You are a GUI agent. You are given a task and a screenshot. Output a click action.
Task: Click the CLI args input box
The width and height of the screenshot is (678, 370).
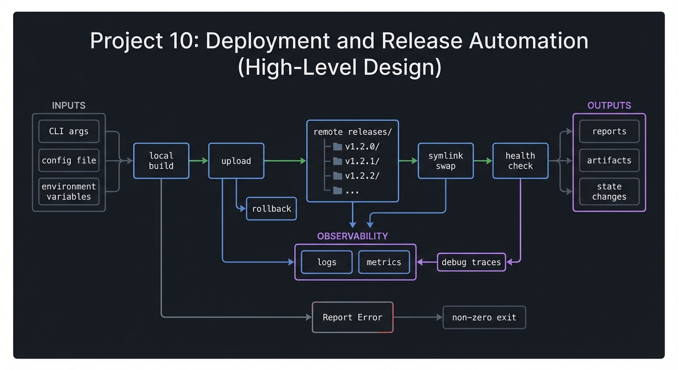click(x=69, y=131)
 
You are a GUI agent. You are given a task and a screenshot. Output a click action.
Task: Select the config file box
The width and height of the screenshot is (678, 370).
click(x=69, y=160)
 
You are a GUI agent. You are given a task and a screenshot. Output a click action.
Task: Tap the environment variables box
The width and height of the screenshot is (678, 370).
click(x=69, y=192)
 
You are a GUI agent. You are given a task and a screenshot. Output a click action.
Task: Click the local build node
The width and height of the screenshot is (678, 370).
click(x=161, y=161)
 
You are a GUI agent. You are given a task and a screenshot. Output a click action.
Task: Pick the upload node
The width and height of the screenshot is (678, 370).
click(x=236, y=161)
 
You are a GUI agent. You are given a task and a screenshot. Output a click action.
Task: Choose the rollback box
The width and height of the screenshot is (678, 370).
click(x=271, y=209)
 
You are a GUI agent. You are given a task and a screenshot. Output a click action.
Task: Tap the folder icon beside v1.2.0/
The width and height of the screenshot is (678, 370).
click(x=338, y=146)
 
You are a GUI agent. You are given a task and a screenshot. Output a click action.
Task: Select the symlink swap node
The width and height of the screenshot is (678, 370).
click(x=445, y=161)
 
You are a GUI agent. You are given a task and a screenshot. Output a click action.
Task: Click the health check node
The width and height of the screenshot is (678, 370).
click(x=520, y=161)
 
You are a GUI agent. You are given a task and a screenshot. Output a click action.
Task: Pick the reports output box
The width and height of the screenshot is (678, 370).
click(x=609, y=132)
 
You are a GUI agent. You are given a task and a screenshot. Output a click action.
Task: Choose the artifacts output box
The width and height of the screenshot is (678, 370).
click(x=609, y=160)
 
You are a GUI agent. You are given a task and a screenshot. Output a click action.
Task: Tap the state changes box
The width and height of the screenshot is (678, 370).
click(x=609, y=192)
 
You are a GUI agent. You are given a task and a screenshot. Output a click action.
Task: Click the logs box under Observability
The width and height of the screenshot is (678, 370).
click(x=326, y=262)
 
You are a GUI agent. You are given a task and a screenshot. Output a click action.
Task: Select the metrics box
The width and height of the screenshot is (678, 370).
click(x=384, y=262)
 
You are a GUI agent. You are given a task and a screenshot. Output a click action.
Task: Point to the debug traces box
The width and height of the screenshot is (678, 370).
click(x=471, y=262)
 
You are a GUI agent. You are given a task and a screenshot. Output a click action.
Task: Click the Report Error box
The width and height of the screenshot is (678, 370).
click(x=352, y=317)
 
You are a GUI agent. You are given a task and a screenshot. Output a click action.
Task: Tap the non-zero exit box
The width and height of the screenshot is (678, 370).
click(x=484, y=317)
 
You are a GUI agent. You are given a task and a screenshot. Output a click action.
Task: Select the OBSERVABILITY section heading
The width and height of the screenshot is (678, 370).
click(x=352, y=236)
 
